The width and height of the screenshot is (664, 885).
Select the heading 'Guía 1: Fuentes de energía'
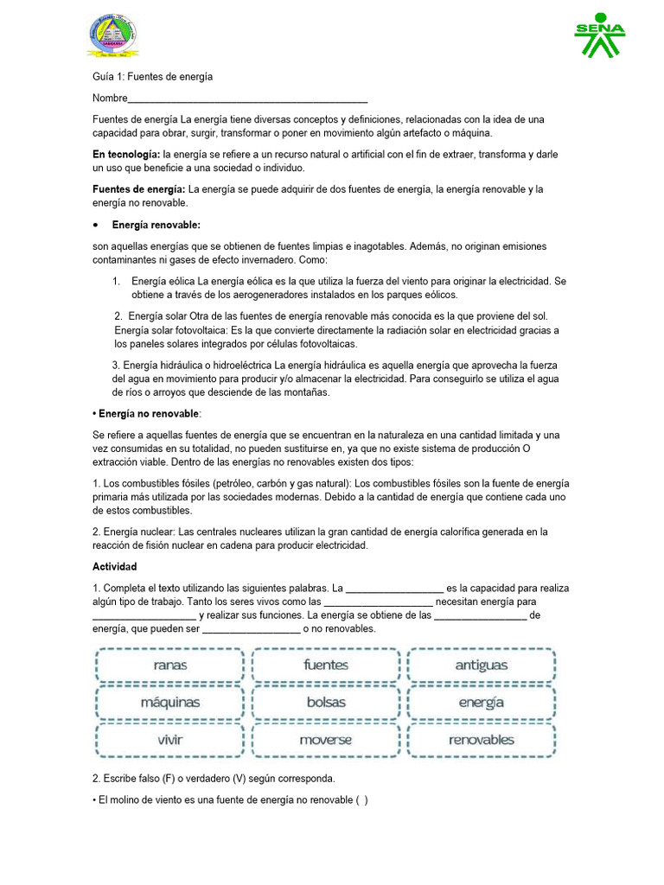pyautogui.click(x=152, y=77)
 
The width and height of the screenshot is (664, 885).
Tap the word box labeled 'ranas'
pyautogui.click(x=170, y=665)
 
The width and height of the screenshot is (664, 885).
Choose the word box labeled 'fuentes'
pyautogui.click(x=326, y=665)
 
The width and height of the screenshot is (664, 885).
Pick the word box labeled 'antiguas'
pyautogui.click(x=481, y=665)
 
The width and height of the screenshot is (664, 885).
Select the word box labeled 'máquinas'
pyautogui.click(x=170, y=703)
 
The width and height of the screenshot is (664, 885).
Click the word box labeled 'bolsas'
pyautogui.click(x=326, y=703)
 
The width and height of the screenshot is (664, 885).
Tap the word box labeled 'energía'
pyautogui.click(x=481, y=703)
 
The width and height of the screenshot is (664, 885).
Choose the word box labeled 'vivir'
pyautogui.click(x=170, y=740)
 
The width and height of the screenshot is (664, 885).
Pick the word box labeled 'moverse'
pyautogui.click(x=326, y=740)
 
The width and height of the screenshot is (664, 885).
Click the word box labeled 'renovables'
pyautogui.click(x=481, y=740)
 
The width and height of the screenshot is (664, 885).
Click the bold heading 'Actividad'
pyautogui.click(x=115, y=567)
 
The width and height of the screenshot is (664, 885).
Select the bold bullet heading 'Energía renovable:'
pyautogui.click(x=156, y=225)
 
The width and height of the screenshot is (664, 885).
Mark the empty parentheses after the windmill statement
pyautogui.click(x=361, y=800)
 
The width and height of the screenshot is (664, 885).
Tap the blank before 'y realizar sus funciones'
pyautogui.click(x=144, y=616)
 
